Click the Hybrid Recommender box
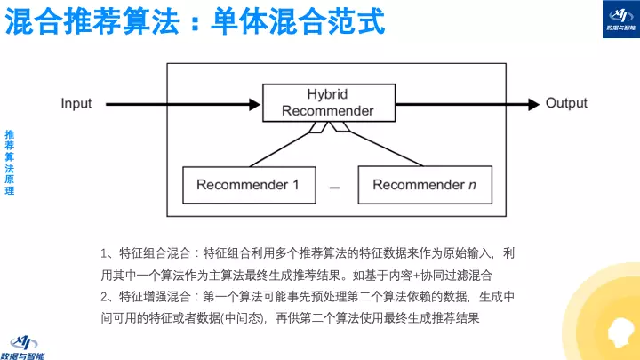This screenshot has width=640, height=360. [327, 103]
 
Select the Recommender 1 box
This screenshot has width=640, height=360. [241, 185]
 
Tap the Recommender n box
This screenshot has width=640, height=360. [418, 185]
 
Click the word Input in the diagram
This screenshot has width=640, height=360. [76, 103]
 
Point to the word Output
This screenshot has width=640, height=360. [566, 103]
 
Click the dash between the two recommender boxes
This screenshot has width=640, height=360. [334, 188]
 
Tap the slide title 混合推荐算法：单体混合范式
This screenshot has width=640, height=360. [195, 22]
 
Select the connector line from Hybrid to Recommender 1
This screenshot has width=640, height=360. [282, 146]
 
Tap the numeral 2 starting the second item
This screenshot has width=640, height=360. [106, 296]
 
